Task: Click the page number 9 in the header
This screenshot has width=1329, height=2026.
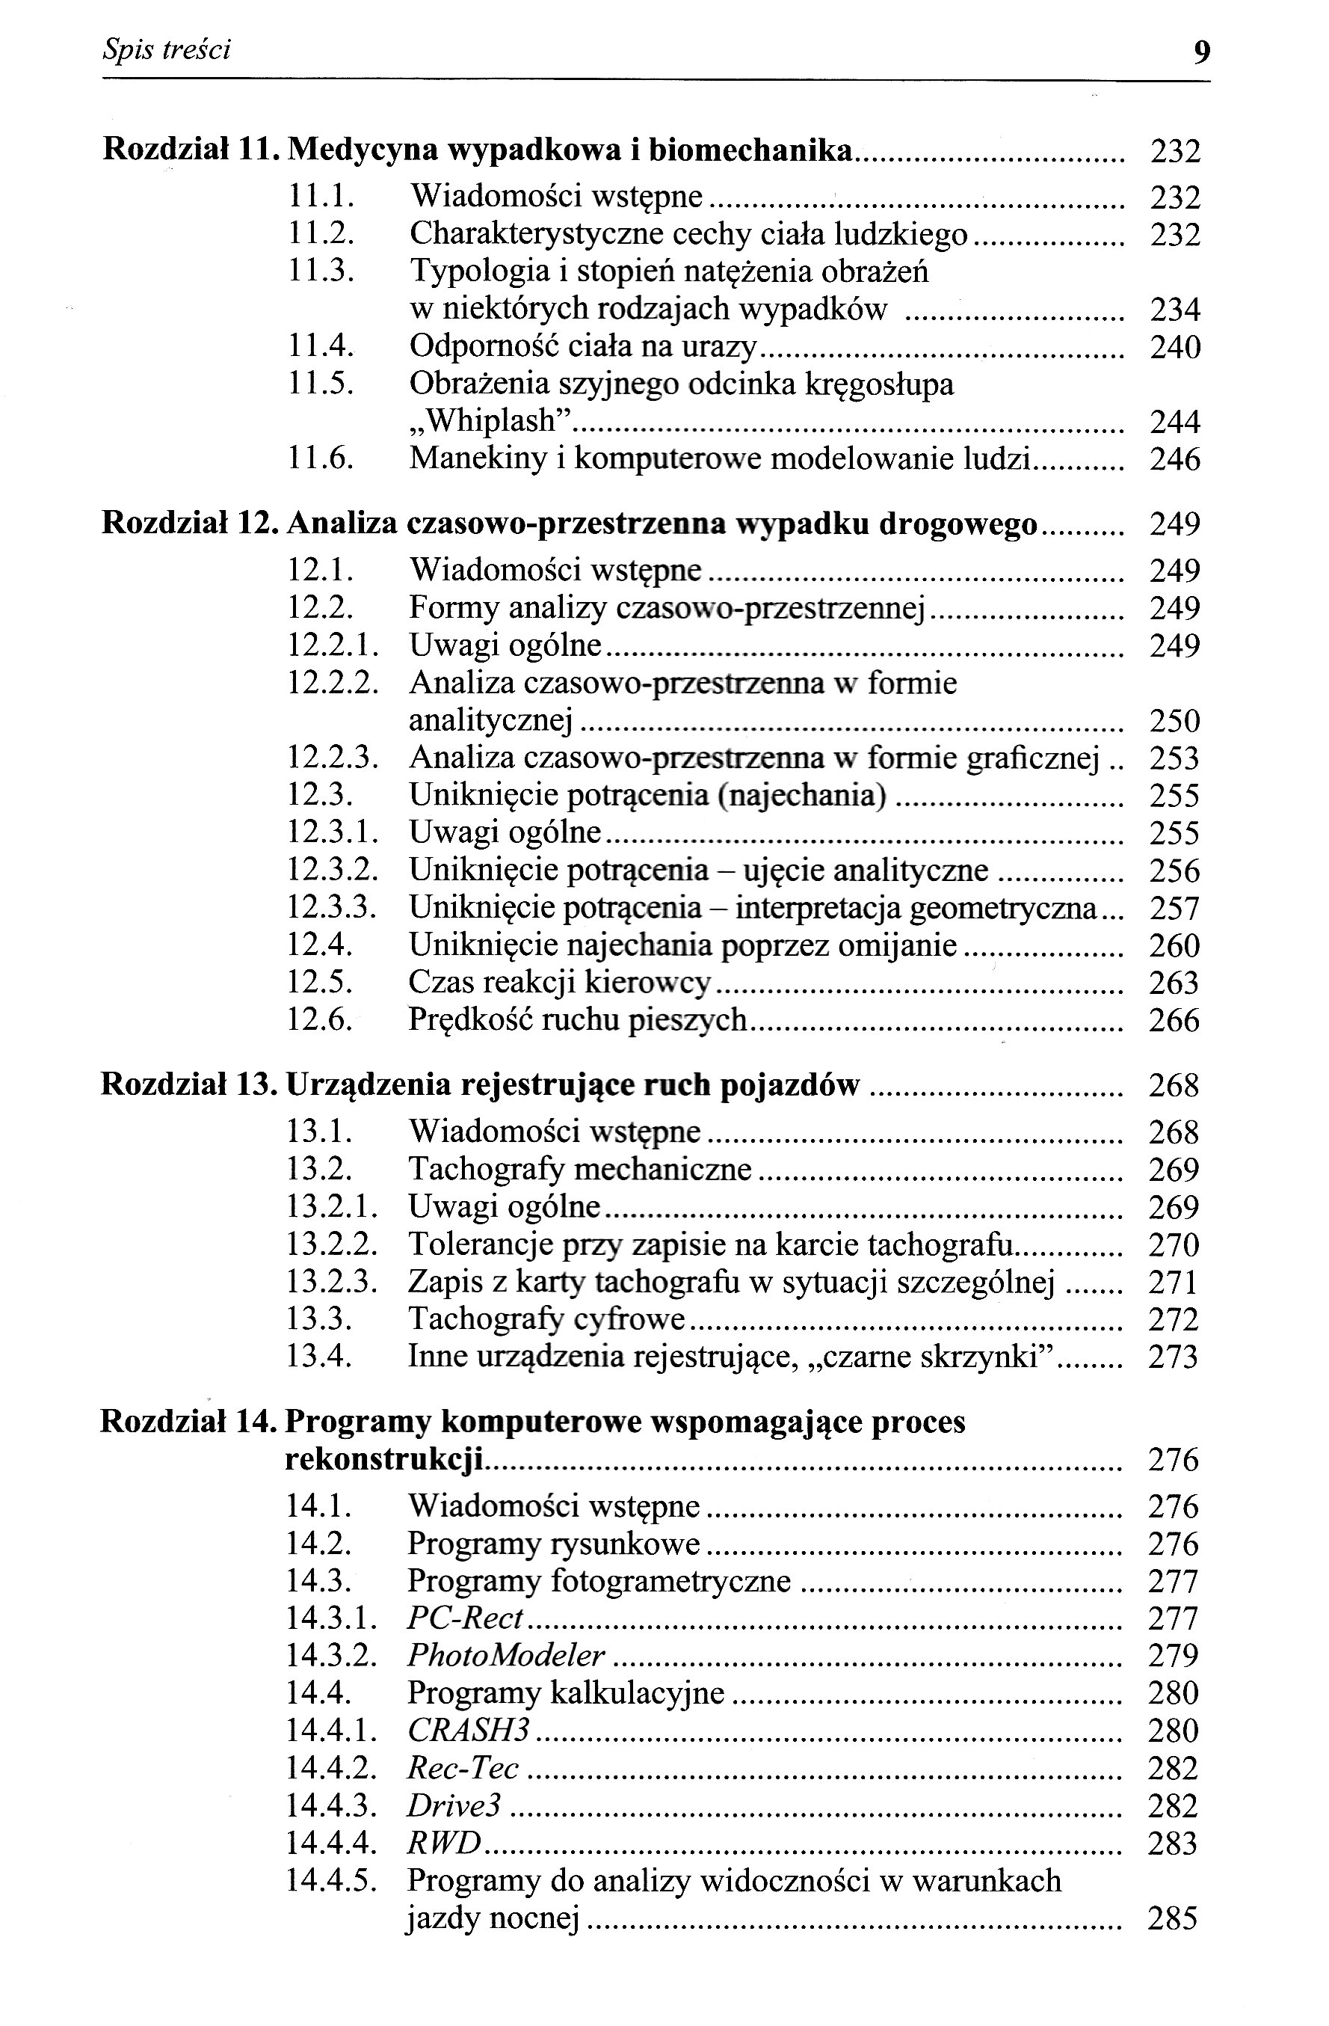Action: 1200,53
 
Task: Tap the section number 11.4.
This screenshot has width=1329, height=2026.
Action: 320,346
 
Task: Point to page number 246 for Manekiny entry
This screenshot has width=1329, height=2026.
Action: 1175,460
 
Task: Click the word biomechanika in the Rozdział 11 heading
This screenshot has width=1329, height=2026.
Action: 750,150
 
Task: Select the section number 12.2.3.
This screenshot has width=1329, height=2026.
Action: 332,758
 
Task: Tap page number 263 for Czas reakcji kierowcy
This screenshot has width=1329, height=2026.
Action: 1174,983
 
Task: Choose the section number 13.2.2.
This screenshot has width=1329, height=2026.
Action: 332,1244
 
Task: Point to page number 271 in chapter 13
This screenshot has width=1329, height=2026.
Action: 1174,1282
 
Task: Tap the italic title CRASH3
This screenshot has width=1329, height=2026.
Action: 469,1730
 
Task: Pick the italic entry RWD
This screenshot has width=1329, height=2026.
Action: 444,1843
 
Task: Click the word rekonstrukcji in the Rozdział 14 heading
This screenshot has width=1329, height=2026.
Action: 383,1459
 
